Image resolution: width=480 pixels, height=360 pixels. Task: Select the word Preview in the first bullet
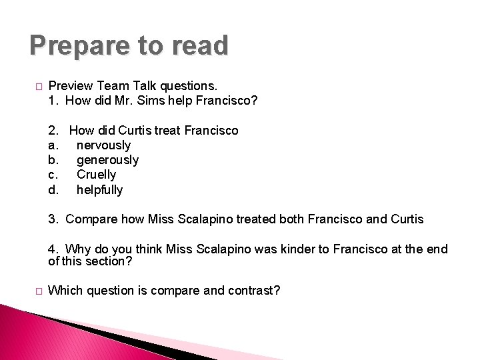tap(71, 86)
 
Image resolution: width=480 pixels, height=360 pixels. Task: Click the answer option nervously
tap(103, 145)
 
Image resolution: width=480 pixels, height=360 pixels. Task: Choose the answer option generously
tap(107, 160)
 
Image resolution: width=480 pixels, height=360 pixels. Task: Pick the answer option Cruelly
tap(96, 175)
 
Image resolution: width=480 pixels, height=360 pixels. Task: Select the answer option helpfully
tap(99, 190)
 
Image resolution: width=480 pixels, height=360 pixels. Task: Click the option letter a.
tap(53, 145)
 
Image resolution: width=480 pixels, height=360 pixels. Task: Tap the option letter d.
tap(53, 190)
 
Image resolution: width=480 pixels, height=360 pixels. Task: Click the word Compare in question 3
tap(92, 219)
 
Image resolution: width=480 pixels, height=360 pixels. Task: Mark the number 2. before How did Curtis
tap(53, 130)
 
